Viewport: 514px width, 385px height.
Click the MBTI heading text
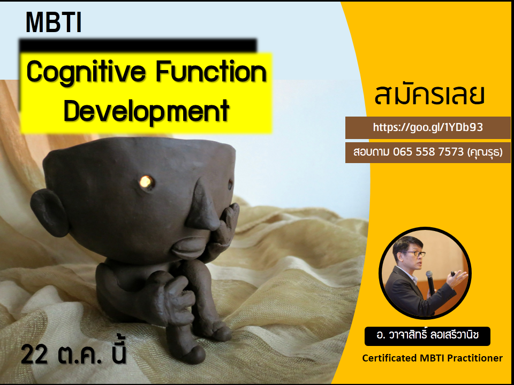point(54,22)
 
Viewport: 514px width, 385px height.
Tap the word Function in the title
point(211,72)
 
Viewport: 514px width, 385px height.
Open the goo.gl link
point(428,127)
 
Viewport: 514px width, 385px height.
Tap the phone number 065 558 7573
point(428,151)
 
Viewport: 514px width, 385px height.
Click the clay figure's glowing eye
point(146,182)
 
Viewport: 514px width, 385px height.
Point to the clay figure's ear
point(49,213)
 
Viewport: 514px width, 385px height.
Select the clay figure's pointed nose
point(201,205)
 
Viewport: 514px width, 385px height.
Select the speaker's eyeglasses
point(414,253)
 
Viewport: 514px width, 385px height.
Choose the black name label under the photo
point(427,336)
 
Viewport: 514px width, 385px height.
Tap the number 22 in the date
point(34,355)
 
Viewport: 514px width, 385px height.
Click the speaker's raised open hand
point(458,278)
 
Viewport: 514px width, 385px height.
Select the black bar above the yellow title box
point(138,46)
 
